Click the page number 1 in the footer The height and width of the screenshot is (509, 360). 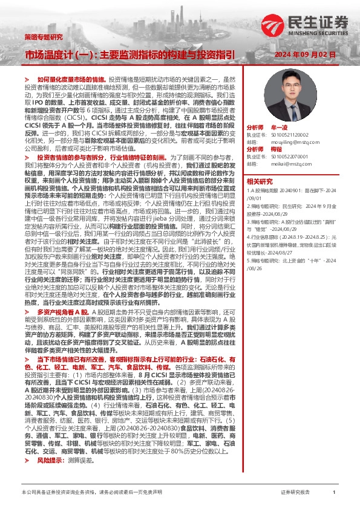click(x=335, y=493)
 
